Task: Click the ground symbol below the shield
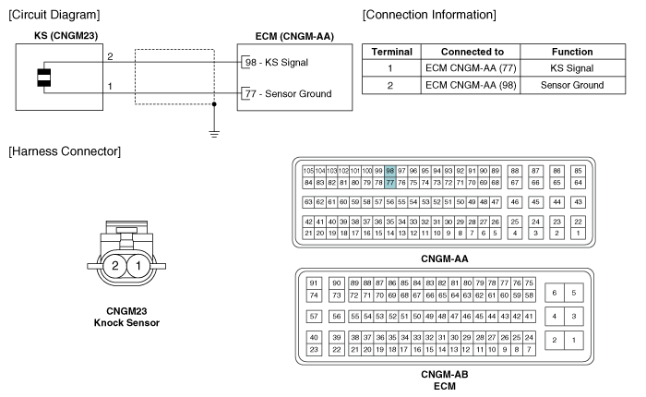click(x=214, y=134)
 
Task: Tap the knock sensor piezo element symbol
click(x=44, y=78)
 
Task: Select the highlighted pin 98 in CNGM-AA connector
click(x=390, y=171)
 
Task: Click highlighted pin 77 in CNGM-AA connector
click(x=390, y=183)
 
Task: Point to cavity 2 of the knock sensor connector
click(x=115, y=266)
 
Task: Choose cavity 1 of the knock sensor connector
click(x=138, y=266)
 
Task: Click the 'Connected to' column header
click(x=473, y=52)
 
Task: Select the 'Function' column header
click(x=572, y=52)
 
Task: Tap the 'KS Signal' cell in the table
click(x=572, y=68)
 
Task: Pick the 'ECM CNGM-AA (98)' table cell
click(x=471, y=85)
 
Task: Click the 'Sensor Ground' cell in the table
click(x=572, y=85)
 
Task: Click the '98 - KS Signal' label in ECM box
click(x=277, y=62)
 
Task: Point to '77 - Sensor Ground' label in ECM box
click(x=288, y=93)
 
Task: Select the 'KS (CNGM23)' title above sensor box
click(x=66, y=36)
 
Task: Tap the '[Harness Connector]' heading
click(x=65, y=151)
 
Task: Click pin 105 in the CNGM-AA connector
click(x=308, y=171)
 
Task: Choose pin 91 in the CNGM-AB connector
click(x=314, y=283)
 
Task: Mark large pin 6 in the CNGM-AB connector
click(x=555, y=293)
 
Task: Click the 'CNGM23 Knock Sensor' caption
click(x=126, y=317)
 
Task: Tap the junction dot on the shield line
click(x=214, y=104)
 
